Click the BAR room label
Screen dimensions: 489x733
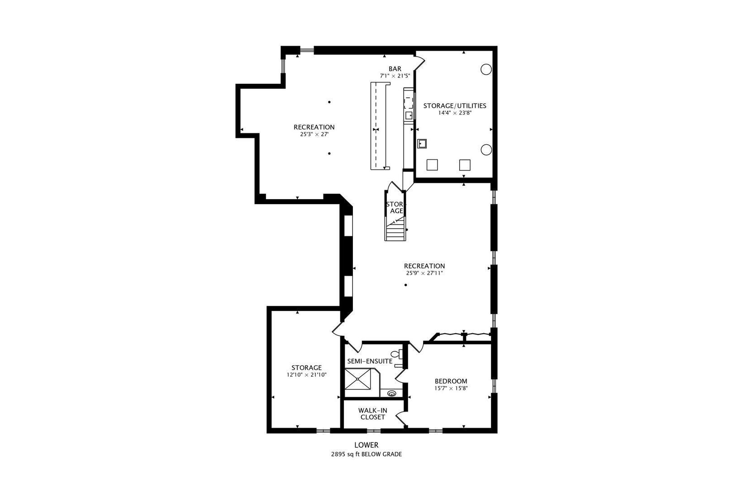395,69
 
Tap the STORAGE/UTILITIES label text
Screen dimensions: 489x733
454,105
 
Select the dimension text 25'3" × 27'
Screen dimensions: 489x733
314,134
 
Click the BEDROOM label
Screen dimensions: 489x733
451,381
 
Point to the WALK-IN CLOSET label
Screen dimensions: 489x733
372,413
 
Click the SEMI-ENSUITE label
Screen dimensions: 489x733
369,361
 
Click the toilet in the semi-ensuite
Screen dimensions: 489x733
396,354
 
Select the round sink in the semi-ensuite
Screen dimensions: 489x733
392,393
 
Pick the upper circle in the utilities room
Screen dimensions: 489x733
485,69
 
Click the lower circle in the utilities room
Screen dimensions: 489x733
486,149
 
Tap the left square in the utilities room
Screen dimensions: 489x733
432,165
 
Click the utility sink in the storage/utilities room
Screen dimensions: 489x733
423,144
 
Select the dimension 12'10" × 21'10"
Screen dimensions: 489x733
306,375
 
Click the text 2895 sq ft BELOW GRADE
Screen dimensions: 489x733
366,454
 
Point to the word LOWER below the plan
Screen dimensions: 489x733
366,445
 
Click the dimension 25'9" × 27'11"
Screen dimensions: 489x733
424,273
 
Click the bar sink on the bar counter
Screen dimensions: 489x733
409,115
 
